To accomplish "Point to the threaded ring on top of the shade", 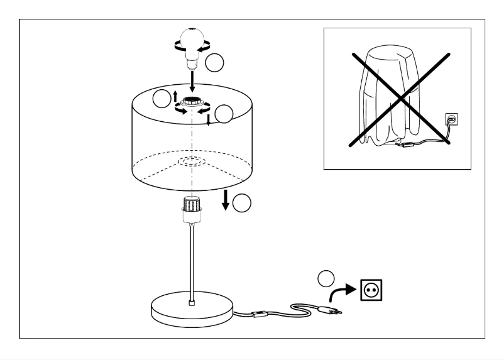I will [191, 102].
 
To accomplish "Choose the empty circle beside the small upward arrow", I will [162, 98].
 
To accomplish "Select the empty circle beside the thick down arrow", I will [242, 202].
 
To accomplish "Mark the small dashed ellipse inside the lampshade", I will [191, 161].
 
